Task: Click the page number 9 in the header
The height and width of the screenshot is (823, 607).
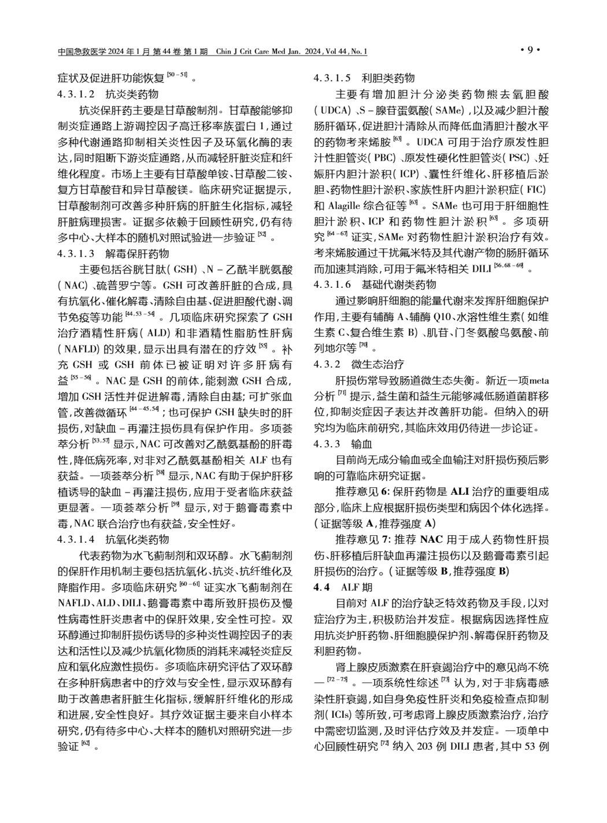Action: click(530, 51)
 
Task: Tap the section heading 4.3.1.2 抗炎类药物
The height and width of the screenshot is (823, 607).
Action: click(108, 93)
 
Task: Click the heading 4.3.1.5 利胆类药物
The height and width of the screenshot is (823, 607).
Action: click(364, 77)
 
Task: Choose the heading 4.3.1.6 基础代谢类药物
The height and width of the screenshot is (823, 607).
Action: click(375, 285)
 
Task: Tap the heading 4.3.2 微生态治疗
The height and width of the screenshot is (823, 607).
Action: click(358, 364)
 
